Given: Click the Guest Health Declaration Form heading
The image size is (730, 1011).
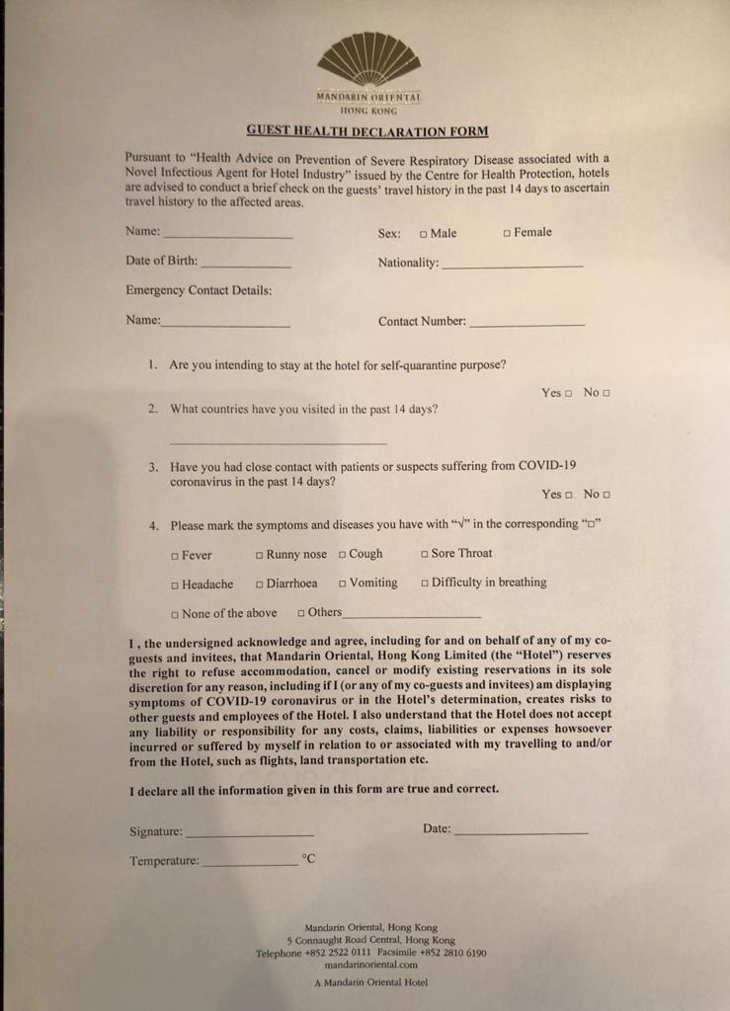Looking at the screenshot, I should pos(366,131).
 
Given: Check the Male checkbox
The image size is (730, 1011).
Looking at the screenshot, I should pos(423,234).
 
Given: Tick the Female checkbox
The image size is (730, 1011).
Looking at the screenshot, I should pos(507,233).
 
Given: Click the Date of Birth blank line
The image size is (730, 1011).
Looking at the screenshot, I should pos(246,265).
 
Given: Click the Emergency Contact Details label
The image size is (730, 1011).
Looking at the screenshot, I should pos(199,291).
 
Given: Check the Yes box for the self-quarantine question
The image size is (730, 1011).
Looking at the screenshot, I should pos(569,394).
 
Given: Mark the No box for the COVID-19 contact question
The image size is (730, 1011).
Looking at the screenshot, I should pos(607,495).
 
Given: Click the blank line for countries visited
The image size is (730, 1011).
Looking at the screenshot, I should pos(278,441).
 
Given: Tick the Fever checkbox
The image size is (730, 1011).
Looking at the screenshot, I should pos(175,556).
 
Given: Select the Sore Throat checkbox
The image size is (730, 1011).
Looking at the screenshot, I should pos(425,554).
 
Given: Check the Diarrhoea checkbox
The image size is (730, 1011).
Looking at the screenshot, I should pos(259,584).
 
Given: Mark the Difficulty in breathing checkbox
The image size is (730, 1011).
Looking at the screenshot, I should pos(425,583).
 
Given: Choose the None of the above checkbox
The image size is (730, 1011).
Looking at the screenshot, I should pos(175,614).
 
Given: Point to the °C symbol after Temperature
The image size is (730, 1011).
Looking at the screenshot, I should pos(308,859).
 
